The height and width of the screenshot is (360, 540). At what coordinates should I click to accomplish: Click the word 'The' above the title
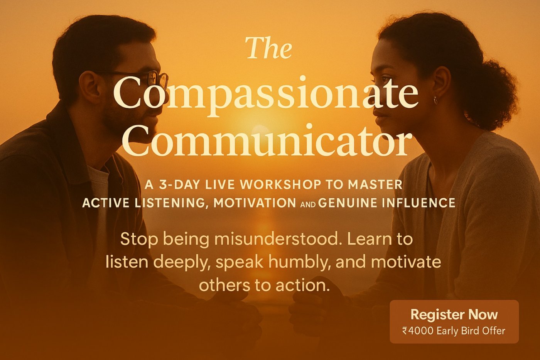[x=268, y=49]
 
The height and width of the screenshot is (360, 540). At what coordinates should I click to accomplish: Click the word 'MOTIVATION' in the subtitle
[x=255, y=203]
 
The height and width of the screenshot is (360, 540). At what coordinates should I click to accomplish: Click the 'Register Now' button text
[x=454, y=314]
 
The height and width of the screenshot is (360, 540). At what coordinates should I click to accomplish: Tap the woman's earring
[x=435, y=100]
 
